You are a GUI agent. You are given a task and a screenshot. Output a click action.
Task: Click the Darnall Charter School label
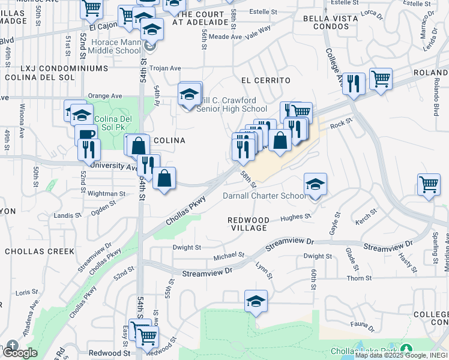coord(264,196)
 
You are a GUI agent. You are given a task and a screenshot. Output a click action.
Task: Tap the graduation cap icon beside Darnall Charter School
coord(315,184)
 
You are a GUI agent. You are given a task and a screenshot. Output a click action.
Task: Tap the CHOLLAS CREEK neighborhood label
coord(39,251)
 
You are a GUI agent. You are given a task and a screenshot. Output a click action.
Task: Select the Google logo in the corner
coord(19,352)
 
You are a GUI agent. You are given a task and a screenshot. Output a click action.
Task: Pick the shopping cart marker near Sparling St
coord(429,185)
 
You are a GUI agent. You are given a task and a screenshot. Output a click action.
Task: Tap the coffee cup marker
coord(85,136)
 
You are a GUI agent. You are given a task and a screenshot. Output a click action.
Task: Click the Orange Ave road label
coord(104,95)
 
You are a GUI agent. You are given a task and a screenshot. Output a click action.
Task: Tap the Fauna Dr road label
coord(363,328)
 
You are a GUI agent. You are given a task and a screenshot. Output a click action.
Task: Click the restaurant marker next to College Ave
coord(354,83)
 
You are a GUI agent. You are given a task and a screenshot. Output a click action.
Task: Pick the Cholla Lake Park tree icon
coord(406,350)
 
